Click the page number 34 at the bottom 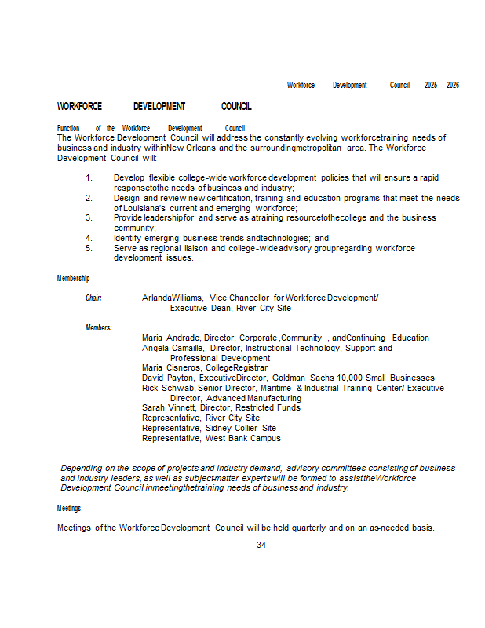point(261,545)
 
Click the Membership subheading point(73,278)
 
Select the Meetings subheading point(69,508)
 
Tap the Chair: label point(93,298)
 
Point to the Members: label point(99,327)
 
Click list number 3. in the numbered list point(89,217)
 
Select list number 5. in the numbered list point(89,248)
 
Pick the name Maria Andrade point(170,338)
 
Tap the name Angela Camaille point(173,348)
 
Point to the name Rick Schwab point(168,388)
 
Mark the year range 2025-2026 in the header point(441,85)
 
